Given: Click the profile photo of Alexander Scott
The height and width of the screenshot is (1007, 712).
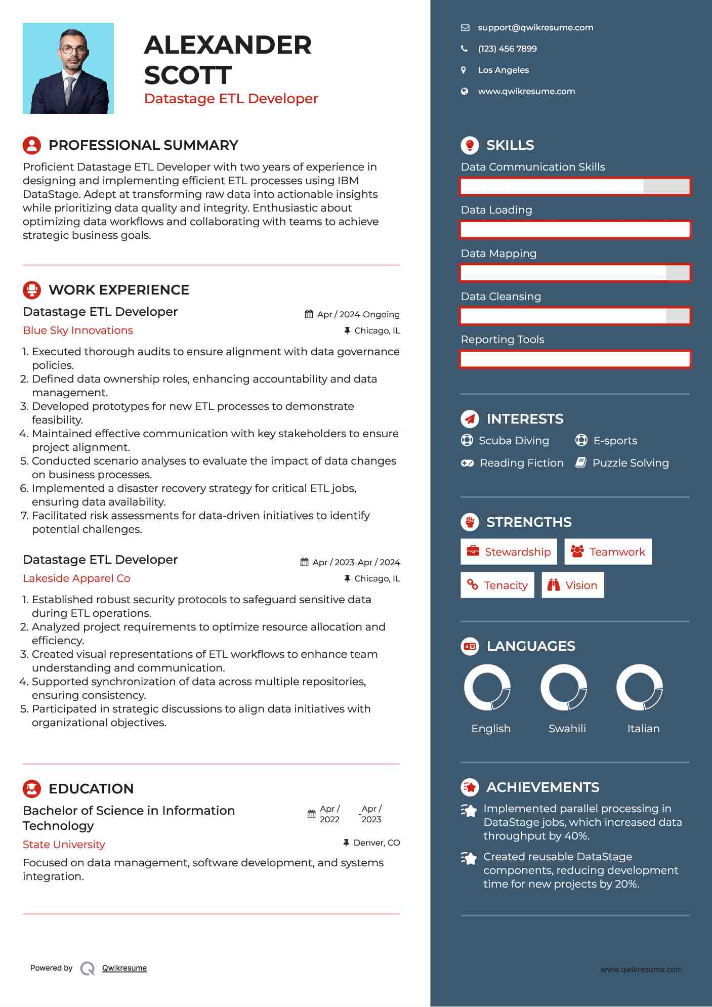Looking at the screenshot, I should pyautogui.click(x=68, y=68).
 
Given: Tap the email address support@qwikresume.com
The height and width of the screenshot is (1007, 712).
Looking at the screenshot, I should pyautogui.click(x=535, y=28).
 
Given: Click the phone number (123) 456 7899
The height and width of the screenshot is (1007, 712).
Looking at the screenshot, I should pyautogui.click(x=507, y=49).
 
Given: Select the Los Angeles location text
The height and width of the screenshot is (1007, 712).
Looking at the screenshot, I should pyautogui.click(x=503, y=70).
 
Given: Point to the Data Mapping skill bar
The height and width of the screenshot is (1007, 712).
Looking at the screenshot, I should pyautogui.click(x=575, y=273).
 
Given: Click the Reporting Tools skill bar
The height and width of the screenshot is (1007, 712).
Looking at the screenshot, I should pyautogui.click(x=575, y=359).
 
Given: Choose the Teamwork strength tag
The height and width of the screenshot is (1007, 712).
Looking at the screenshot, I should pyautogui.click(x=608, y=552).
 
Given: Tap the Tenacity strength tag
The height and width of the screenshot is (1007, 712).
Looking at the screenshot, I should pyautogui.click(x=497, y=585).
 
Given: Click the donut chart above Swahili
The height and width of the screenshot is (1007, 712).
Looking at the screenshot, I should pyautogui.click(x=564, y=688).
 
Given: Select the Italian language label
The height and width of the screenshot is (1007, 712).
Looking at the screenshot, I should pyautogui.click(x=643, y=729).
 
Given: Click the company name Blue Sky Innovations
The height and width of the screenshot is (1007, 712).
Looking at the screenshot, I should pyautogui.click(x=78, y=330).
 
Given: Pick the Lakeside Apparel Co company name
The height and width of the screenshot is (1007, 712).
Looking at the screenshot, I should pyautogui.click(x=76, y=578).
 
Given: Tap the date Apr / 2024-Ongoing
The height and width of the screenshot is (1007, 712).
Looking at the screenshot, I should pyautogui.click(x=358, y=314).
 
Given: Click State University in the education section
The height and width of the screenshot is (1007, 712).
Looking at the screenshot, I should pyautogui.click(x=64, y=845).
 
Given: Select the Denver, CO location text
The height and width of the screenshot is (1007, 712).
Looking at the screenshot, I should pyautogui.click(x=376, y=843).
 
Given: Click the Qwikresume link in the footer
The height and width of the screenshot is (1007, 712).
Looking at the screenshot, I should pyautogui.click(x=124, y=968).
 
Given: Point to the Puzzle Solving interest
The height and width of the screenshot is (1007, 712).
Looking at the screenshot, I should pyautogui.click(x=630, y=463).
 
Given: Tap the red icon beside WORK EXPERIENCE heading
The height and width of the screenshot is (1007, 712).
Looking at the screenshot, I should pyautogui.click(x=32, y=290).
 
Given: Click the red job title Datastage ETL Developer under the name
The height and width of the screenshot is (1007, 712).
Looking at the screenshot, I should pyautogui.click(x=231, y=99).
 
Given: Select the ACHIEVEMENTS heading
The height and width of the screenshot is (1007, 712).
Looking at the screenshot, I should pyautogui.click(x=542, y=787).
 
